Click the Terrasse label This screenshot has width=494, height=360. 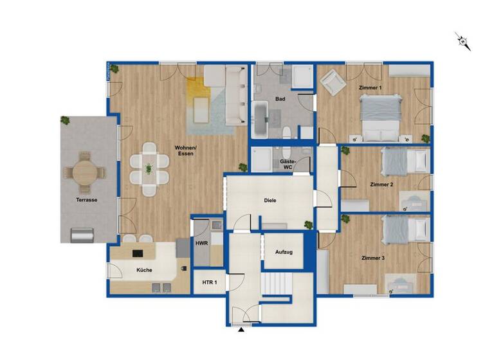click(86, 200)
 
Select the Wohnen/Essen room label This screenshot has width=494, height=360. click(187, 151)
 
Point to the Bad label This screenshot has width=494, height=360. click(280, 99)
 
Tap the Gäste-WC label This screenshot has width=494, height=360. click(288, 165)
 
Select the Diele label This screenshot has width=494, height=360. click(270, 200)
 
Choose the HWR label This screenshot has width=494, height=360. click(201, 244)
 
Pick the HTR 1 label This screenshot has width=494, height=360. click(210, 283)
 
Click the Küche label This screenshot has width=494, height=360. click(144, 270)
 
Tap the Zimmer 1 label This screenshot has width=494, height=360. click(370, 87)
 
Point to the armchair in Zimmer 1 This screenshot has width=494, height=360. click(331, 81)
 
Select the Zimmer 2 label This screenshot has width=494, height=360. click(382, 184)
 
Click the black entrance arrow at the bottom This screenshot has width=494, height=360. click(241, 330)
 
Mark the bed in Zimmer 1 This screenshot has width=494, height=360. click(381, 117)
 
